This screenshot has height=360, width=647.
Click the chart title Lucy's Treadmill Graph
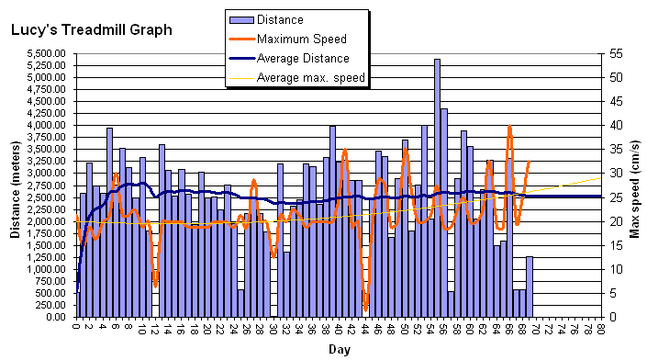(x=91, y=29)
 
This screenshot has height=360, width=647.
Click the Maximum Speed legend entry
(x=301, y=39)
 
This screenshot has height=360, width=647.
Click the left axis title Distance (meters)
(x=16, y=190)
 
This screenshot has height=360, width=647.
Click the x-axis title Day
(x=339, y=350)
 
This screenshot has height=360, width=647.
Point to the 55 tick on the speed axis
(x=612, y=53)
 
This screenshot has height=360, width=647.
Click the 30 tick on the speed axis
(x=612, y=173)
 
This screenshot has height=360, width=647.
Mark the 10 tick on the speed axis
(x=612, y=269)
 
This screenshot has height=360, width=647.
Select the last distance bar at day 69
(x=530, y=287)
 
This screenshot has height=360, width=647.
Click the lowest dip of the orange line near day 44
(x=365, y=309)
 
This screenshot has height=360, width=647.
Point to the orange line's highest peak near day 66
(x=510, y=127)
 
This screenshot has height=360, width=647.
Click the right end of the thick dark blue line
(x=601, y=197)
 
